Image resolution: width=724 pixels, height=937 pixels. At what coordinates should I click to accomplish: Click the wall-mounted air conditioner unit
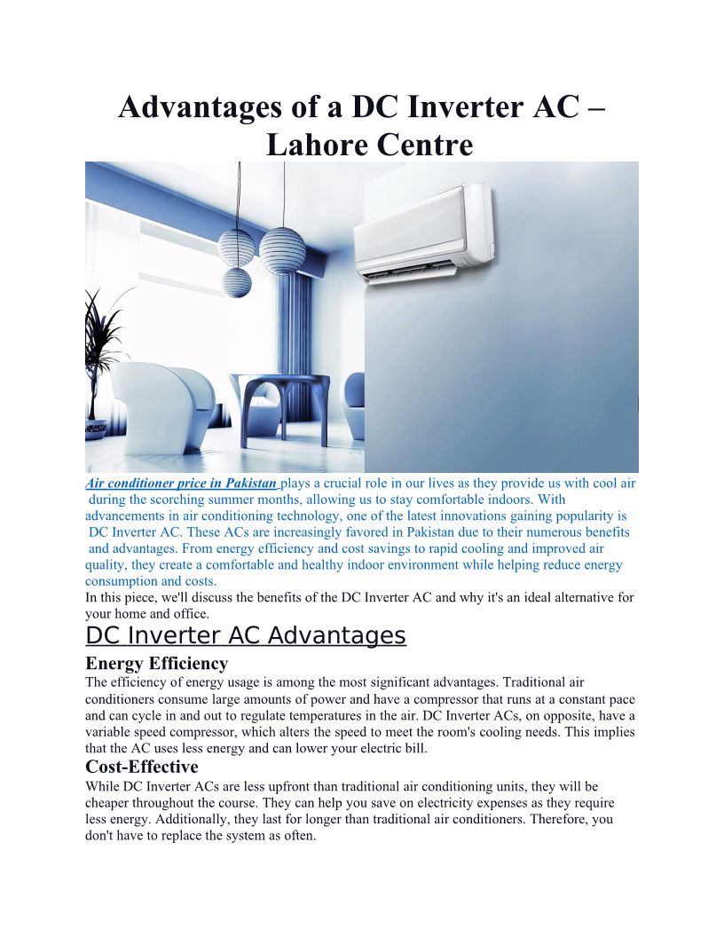tap(424, 232)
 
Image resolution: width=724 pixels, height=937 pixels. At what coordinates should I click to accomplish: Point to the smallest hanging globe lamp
tap(237, 282)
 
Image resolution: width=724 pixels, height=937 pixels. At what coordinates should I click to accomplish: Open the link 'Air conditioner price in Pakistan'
tap(182, 484)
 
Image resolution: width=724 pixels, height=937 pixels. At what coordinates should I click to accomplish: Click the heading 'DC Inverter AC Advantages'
tap(246, 635)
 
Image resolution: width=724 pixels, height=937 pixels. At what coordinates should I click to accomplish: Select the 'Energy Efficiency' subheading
tap(156, 663)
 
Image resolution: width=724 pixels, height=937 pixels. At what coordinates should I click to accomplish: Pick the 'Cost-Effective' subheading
tap(142, 767)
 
